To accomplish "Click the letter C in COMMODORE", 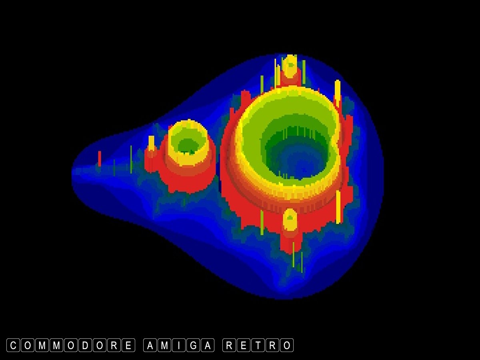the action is pos(13,345).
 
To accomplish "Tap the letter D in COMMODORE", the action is pos(85,345).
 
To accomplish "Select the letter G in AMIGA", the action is pos(193,345).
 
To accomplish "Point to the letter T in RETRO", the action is pos(258,345).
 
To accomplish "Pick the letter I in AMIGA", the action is pos(179,345).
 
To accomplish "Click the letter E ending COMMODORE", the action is pos(128,345).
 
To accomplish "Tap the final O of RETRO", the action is pos(287,345).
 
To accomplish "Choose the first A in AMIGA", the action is pos(150,345).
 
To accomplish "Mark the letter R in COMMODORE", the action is pos(114,345).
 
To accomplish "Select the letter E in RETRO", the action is pos(244,345).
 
